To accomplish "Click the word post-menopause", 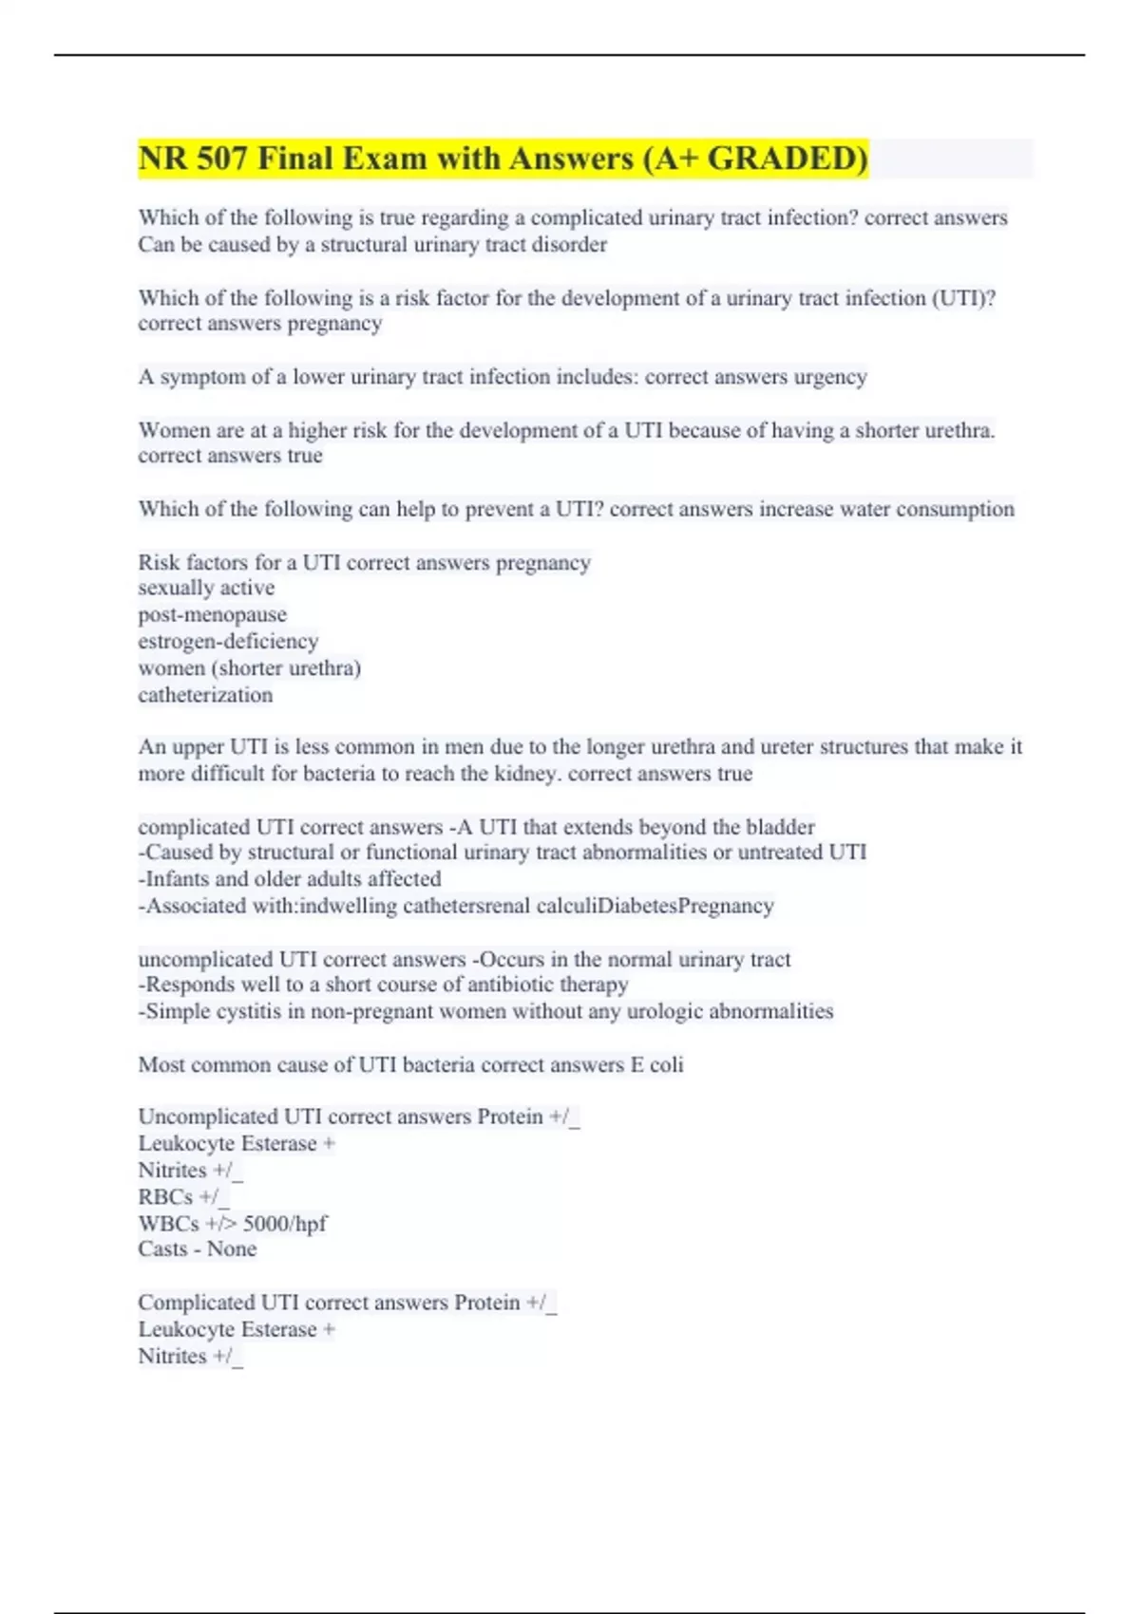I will click(x=212, y=614).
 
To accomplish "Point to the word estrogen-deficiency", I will click(x=228, y=641).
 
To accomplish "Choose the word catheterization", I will click(x=205, y=695).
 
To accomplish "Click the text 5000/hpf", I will click(x=285, y=1223).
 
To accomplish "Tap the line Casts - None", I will click(x=197, y=1248).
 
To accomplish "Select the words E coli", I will click(x=656, y=1064).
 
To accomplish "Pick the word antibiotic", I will click(x=514, y=985).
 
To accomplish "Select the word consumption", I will click(x=955, y=509).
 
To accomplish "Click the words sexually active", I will click(x=206, y=588).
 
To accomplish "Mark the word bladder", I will click(x=780, y=826).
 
